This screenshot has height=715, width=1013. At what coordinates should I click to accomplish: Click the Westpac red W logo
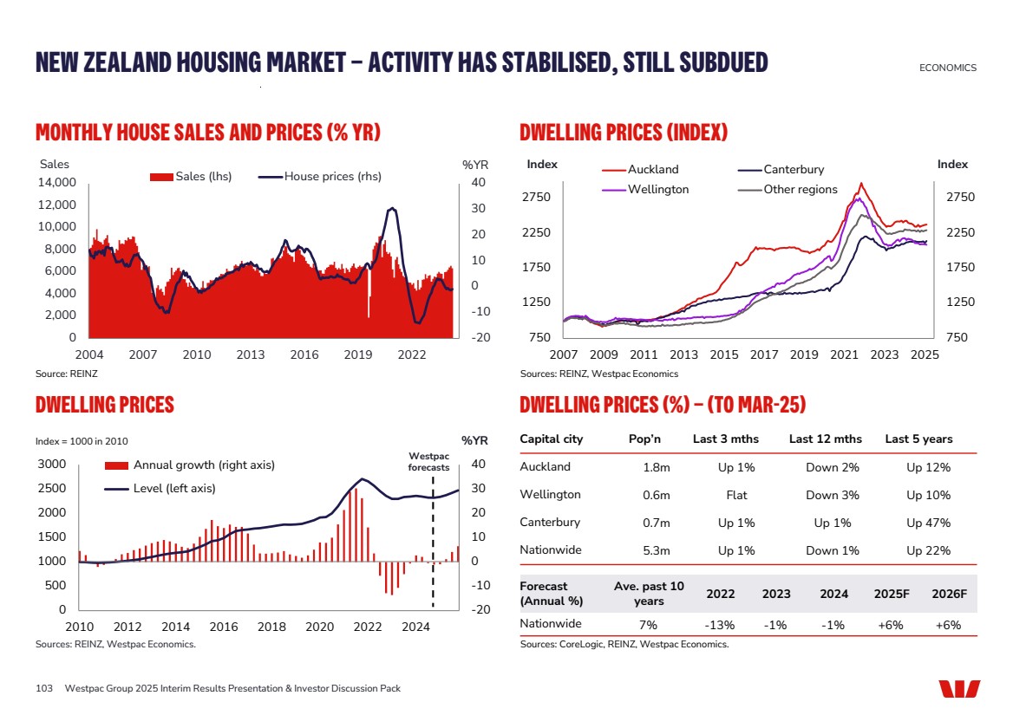click(x=959, y=689)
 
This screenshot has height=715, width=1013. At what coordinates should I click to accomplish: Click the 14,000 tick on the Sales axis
click(x=59, y=183)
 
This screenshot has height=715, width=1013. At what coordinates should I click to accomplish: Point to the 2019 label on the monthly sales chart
click(x=358, y=354)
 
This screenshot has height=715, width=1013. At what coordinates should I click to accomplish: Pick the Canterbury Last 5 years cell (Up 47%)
click(x=928, y=523)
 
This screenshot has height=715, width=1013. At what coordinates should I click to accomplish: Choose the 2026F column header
click(x=949, y=594)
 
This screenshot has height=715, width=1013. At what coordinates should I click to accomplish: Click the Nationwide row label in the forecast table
click(x=551, y=624)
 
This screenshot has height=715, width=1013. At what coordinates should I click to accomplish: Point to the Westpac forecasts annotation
click(x=428, y=462)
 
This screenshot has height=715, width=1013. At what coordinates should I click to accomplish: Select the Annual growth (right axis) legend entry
click(x=204, y=465)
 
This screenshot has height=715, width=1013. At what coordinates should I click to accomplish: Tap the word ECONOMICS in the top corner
click(x=947, y=68)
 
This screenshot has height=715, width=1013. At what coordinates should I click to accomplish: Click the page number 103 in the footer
click(x=44, y=688)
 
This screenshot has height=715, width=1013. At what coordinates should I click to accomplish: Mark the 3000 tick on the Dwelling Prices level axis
click(x=53, y=465)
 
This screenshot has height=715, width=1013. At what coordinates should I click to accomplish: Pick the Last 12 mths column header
click(x=825, y=439)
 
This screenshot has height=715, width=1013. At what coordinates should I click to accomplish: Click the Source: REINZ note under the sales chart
click(x=62, y=374)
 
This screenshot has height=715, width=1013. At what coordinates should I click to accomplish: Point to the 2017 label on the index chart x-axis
click(x=763, y=354)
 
